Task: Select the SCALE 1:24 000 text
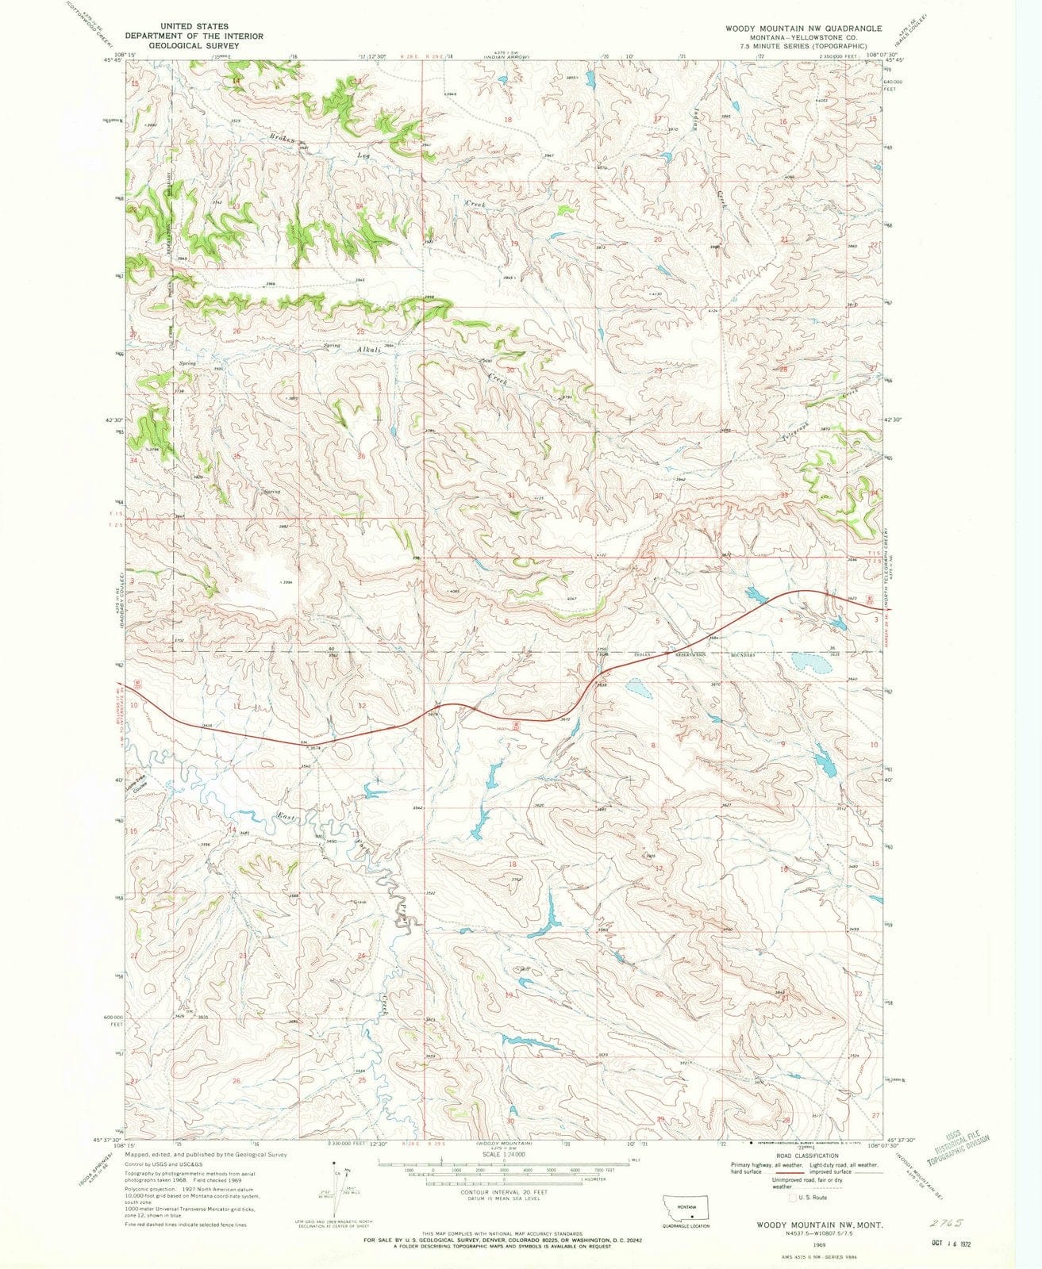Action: click(503, 1151)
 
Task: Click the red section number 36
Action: click(362, 456)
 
